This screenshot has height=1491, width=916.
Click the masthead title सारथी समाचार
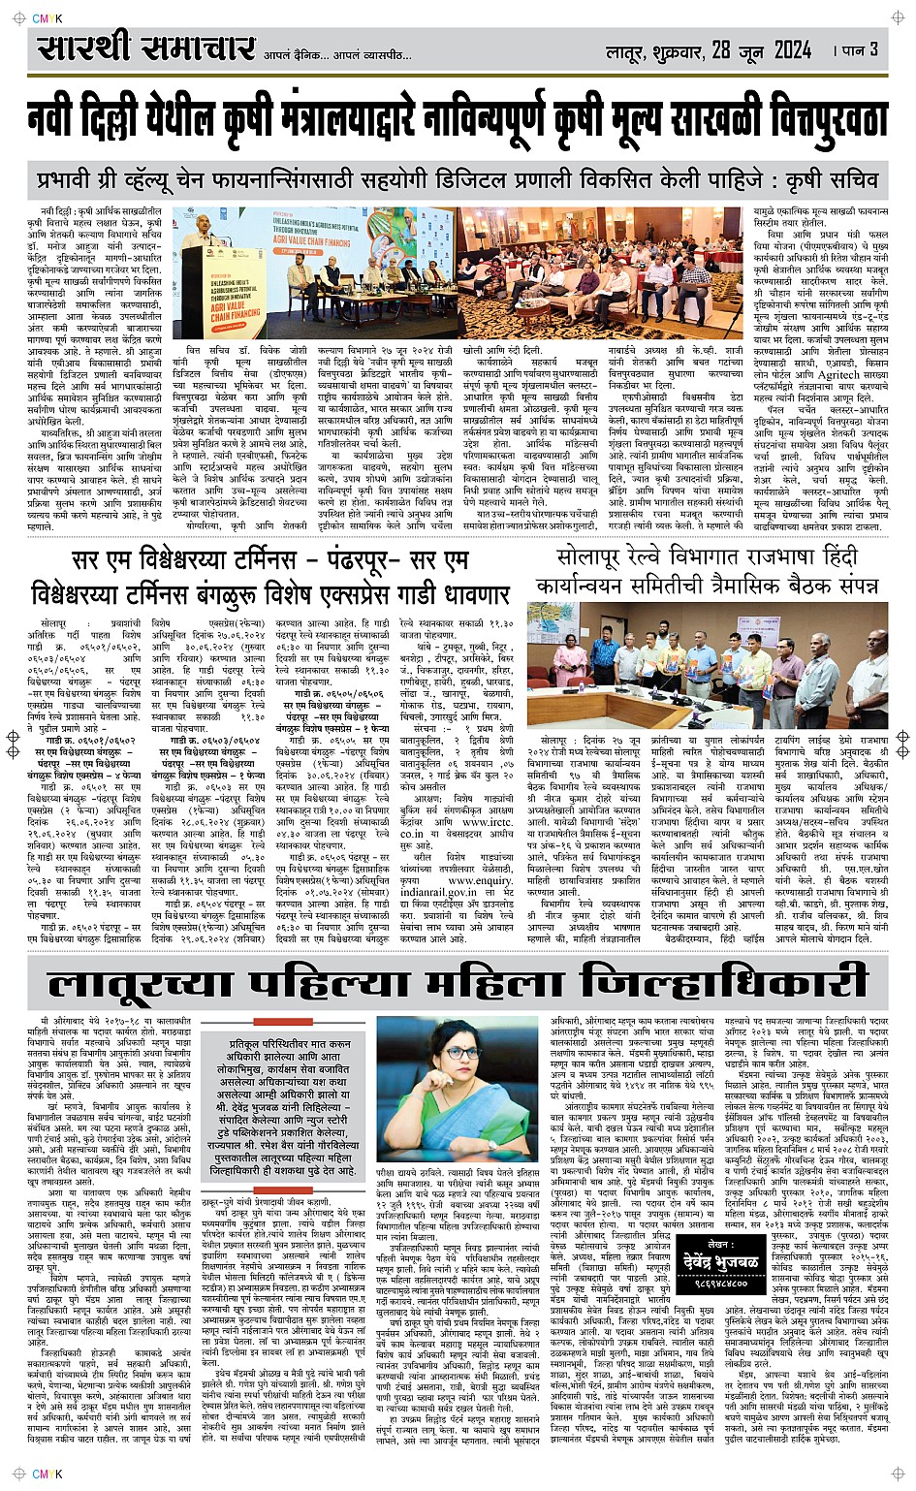point(145,48)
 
